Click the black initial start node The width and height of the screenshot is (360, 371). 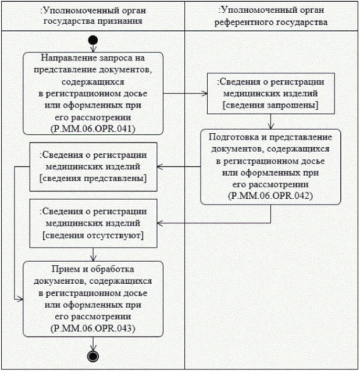pos(93,40)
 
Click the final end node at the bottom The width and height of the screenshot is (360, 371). pos(93,355)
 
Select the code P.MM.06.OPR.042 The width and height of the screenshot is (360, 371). pos(270,195)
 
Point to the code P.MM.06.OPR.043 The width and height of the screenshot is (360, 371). pos(93,328)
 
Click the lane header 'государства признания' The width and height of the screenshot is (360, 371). pos(93,21)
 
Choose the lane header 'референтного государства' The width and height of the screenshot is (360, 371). pos(271,22)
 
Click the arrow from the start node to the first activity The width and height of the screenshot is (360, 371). pos(93,48)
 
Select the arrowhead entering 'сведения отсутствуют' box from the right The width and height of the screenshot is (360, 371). pos(162,222)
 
